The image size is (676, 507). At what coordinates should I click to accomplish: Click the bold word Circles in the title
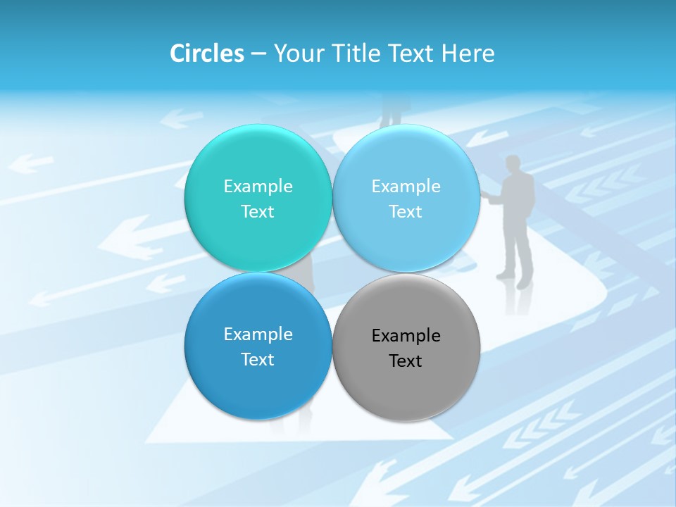(206, 54)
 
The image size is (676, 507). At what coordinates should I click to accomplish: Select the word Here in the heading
(468, 54)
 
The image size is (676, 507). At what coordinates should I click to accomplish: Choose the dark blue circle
(258, 384)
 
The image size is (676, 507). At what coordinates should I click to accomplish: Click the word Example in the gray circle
(406, 336)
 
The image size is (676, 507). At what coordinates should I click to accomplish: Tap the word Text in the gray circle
(406, 361)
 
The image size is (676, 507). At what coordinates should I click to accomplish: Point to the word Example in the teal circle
(258, 187)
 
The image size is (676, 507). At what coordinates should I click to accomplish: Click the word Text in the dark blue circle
(258, 360)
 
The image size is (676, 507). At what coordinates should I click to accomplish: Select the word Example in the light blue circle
(406, 187)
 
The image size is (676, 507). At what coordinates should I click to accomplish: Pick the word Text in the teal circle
(258, 212)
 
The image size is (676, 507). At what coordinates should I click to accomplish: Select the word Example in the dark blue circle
(258, 334)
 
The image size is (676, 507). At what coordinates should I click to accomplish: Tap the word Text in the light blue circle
(406, 212)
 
